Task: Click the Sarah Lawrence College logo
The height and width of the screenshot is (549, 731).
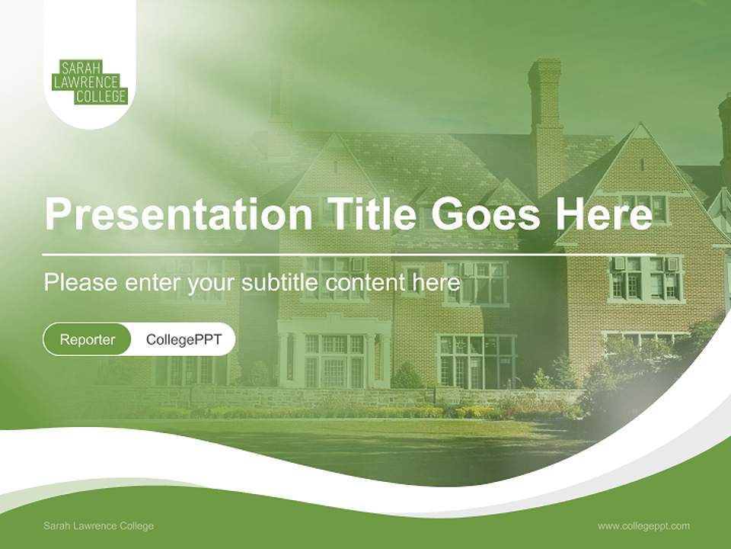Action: tap(89, 80)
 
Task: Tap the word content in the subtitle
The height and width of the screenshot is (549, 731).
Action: tap(365, 283)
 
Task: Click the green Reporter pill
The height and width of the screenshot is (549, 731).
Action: tap(87, 339)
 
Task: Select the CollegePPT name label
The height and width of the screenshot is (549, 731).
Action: tap(184, 339)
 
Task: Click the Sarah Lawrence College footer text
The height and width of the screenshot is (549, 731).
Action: tap(98, 525)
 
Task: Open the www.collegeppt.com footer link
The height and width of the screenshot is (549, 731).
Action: tap(643, 525)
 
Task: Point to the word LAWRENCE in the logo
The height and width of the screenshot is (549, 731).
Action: tap(89, 81)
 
